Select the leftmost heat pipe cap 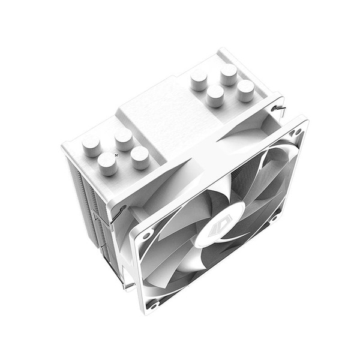coord(91,145)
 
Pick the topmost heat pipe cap coord(228,73)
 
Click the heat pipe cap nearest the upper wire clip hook coord(245,90)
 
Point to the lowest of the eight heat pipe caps coord(108,163)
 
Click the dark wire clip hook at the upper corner coord(276,109)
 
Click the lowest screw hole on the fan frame coord(154,304)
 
